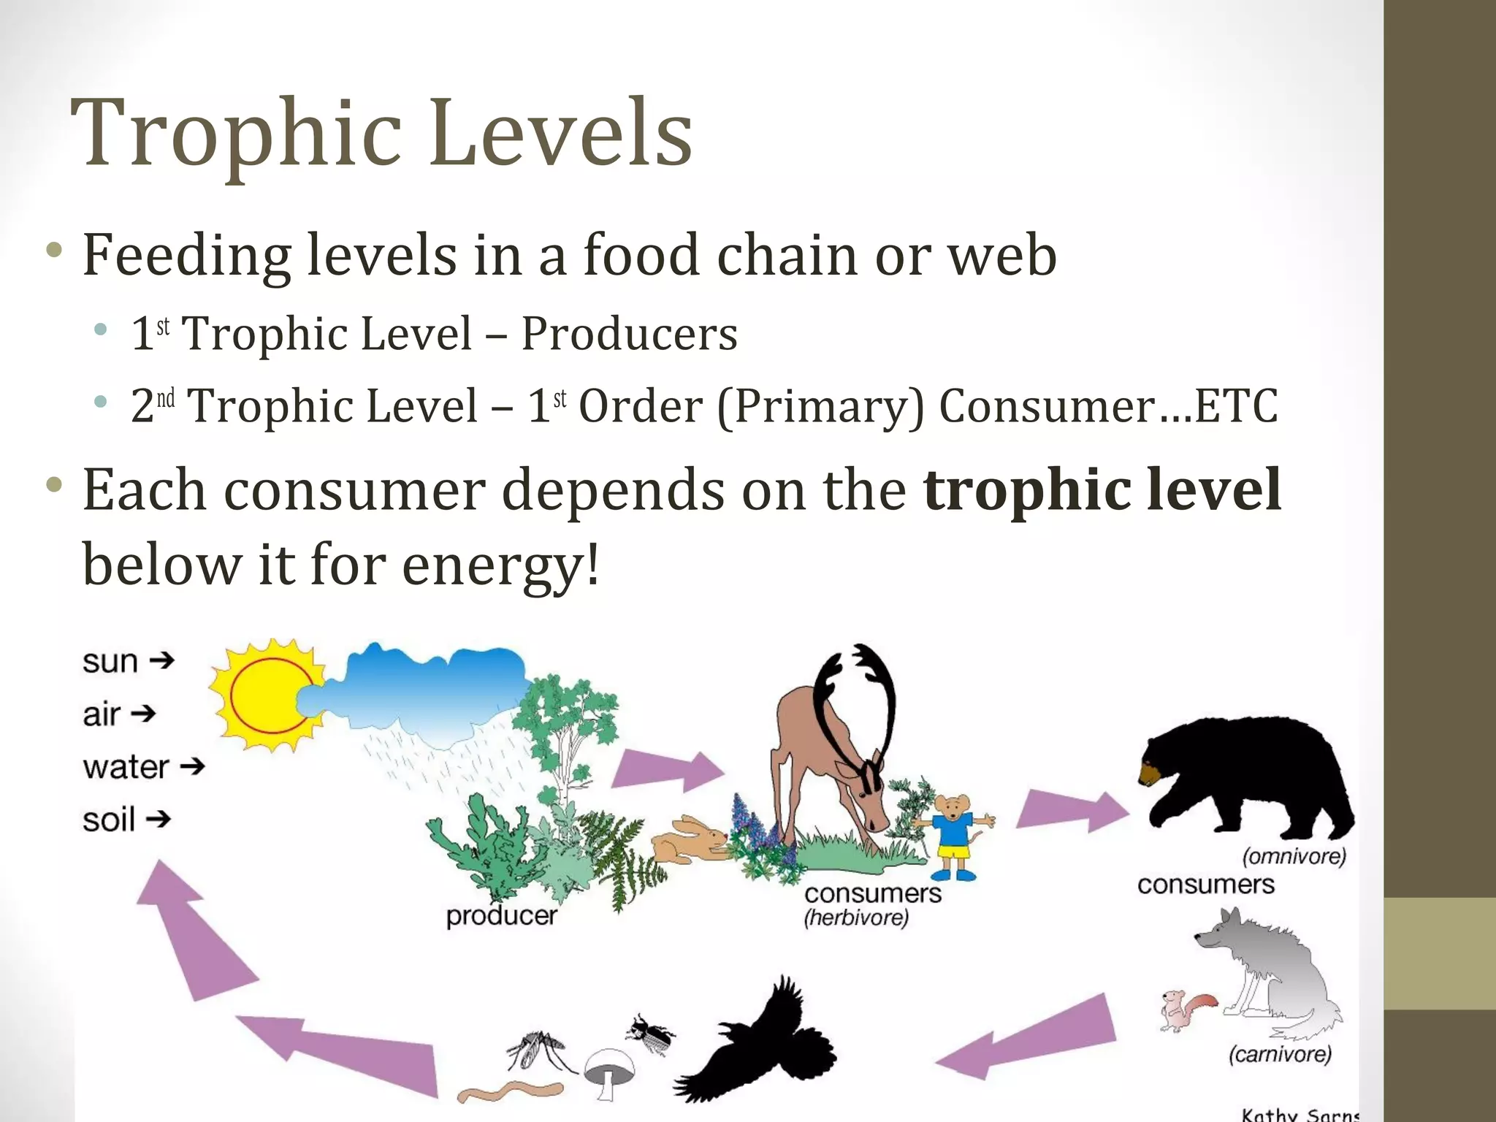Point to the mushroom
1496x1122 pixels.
tap(611, 1070)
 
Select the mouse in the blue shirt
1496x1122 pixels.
tap(954, 833)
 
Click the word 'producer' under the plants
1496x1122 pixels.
tap(501, 915)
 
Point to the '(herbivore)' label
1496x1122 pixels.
tap(856, 917)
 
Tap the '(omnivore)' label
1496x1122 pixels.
tap(1294, 855)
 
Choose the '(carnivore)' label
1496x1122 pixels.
tap(1280, 1053)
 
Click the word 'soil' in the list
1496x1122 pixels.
tap(109, 820)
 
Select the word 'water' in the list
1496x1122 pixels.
tap(126, 767)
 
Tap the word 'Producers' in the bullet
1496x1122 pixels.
tap(628, 334)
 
